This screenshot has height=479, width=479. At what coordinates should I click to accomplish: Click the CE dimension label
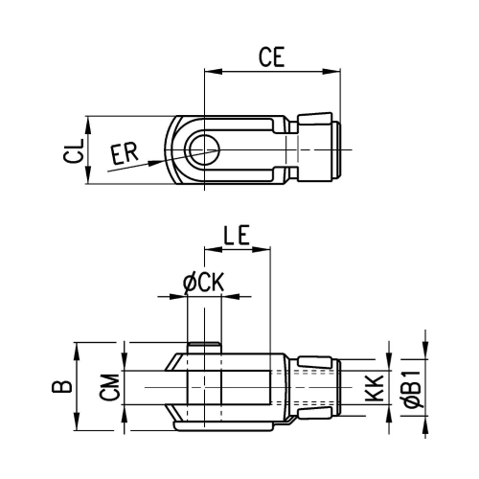click(271, 57)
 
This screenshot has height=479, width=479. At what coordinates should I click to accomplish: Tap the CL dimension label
click(74, 151)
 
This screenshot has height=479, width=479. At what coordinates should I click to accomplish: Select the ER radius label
click(125, 153)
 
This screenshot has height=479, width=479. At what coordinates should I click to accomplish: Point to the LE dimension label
click(237, 235)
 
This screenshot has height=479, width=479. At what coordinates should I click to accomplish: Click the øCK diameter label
click(204, 282)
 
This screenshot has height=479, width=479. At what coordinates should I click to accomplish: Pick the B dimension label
click(62, 386)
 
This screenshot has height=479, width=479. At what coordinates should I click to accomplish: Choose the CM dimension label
click(109, 387)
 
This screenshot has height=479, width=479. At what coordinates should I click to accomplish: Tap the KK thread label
click(374, 388)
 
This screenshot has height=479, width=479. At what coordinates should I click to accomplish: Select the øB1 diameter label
click(414, 389)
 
